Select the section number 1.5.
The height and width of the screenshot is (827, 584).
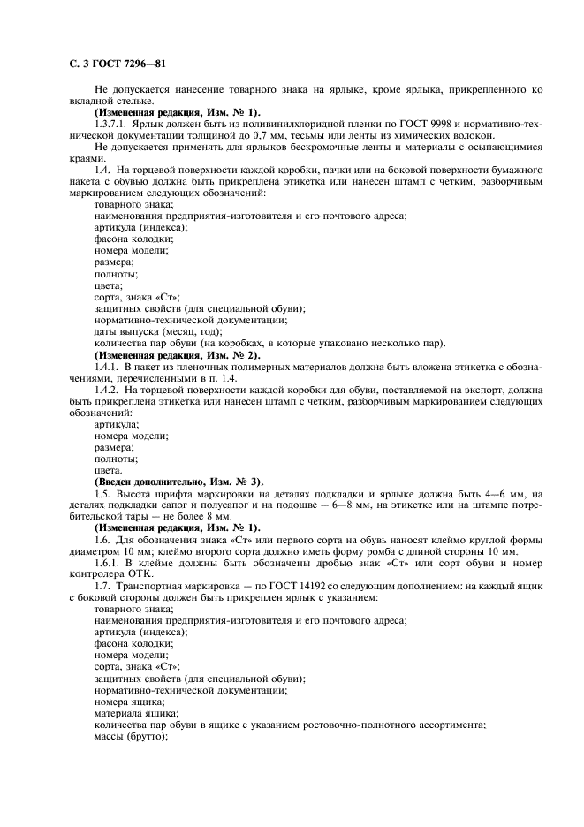pos(102,493)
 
